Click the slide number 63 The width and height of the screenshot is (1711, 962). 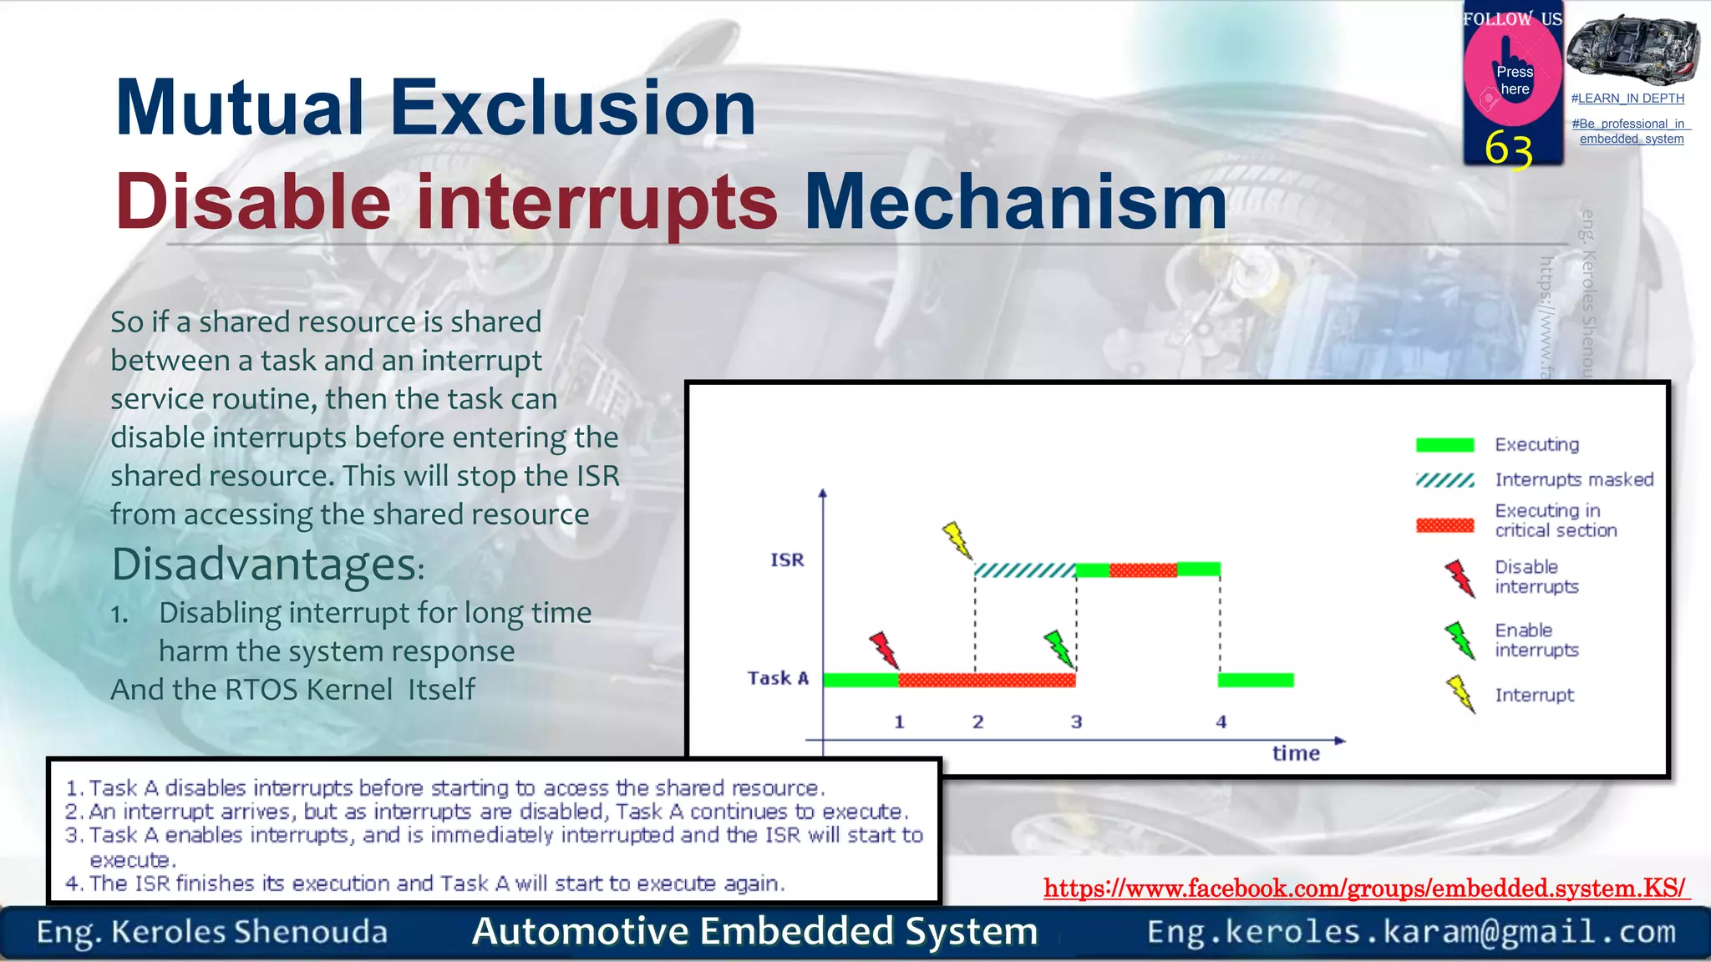pos(1509,149)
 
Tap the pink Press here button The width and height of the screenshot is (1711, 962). pos(1513,78)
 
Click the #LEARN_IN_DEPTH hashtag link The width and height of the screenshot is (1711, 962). pos(1627,99)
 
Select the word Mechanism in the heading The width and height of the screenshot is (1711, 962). pos(1015,202)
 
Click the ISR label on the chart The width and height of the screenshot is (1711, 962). pos(787,560)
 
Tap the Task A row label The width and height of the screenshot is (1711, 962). pos(778,678)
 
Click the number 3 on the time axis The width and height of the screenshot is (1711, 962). pos(1076,722)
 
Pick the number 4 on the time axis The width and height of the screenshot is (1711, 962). pos(1221,722)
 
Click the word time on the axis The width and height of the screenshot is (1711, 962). pos(1296,753)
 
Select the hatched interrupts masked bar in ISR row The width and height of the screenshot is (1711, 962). pos(1025,571)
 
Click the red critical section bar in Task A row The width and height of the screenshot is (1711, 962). pos(986,680)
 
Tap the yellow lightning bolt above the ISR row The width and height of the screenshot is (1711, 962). pos(957,540)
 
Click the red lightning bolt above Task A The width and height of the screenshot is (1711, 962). pos(883,650)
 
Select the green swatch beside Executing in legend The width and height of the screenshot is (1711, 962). pos(1444,445)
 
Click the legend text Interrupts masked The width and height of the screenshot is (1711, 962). pos(1574,480)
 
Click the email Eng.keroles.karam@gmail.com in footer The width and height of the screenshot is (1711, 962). pos(1411,932)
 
